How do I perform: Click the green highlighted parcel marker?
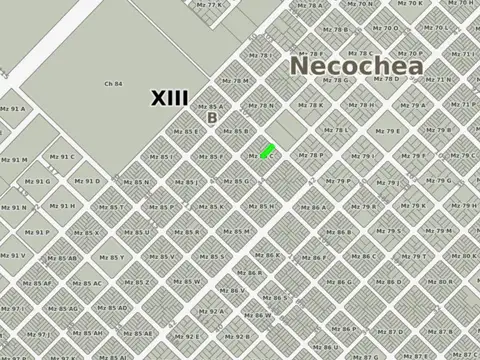pos(266,152)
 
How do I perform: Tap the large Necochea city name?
pos(356,66)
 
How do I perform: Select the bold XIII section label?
pos(170,98)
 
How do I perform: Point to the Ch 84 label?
pos(114,83)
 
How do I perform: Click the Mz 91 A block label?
pos(12,108)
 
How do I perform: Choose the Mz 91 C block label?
pos(62,156)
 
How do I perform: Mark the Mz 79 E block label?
pos(388,131)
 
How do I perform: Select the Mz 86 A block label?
pos(313,208)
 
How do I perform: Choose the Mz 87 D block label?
pos(392,331)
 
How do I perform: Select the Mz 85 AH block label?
pos(91,332)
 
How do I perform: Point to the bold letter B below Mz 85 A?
pos(211,118)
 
